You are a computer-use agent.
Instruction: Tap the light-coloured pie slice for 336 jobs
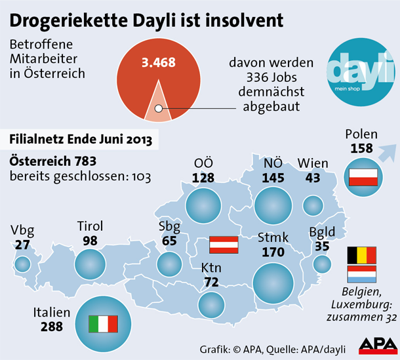157,105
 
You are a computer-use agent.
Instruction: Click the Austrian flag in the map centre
223,245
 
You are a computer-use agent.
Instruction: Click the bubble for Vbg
22,264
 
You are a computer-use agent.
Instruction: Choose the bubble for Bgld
322,264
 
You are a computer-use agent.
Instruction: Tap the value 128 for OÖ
204,177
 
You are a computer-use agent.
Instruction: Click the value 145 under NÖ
273,177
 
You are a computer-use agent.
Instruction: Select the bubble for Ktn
212,305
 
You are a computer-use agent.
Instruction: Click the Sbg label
169,227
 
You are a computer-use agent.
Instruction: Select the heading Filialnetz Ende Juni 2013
82,140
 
